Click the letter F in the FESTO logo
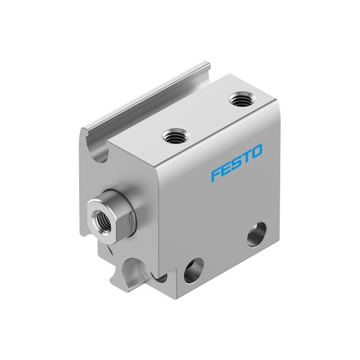click(215, 174)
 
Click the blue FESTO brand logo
click(236, 162)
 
